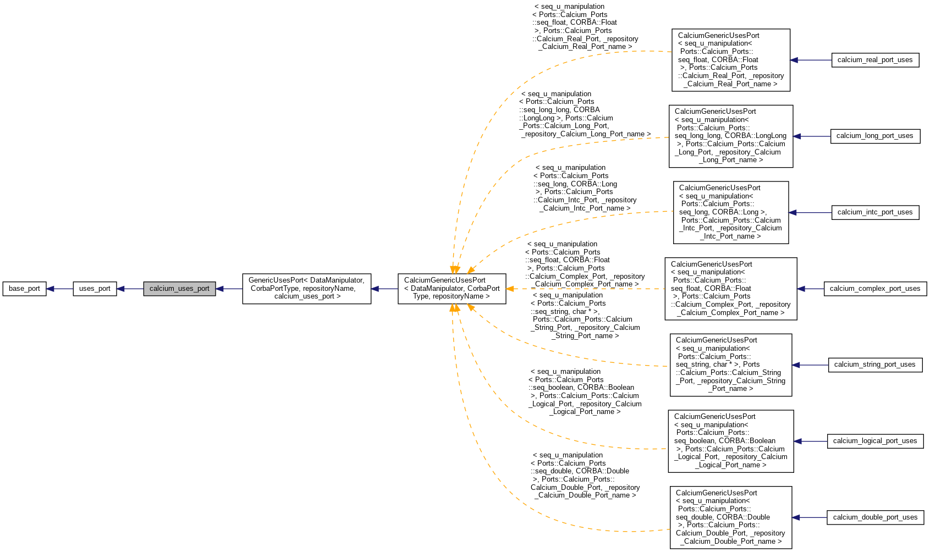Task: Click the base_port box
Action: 24,289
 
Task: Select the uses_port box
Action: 95,289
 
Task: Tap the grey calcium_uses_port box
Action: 179,289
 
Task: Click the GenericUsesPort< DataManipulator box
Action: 307,289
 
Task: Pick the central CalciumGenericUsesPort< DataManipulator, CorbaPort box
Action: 452,289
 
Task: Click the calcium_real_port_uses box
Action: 874,60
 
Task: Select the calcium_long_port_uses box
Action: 874,136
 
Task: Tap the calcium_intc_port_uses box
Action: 874,212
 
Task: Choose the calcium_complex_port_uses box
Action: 874,289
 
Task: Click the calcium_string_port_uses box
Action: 874,365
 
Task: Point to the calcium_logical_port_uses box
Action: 874,441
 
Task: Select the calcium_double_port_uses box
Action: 874,517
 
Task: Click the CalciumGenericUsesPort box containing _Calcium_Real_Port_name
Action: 730,60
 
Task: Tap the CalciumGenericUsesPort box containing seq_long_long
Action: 730,136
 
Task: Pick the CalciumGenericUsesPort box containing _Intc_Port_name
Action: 730,212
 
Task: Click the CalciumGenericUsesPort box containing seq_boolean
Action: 730,441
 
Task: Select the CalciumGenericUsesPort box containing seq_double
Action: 730,517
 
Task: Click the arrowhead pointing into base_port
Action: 50,289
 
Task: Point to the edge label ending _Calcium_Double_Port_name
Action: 585,475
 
